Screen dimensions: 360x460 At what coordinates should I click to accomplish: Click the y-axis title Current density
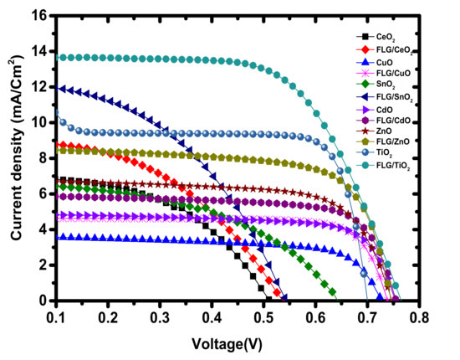pos(18,157)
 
